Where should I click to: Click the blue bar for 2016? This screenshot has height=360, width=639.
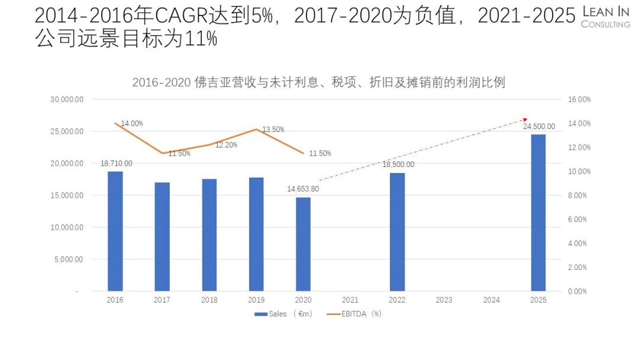click(115, 231)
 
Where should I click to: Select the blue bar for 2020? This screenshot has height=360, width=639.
click(303, 244)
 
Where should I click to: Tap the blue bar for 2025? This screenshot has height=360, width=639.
click(538, 213)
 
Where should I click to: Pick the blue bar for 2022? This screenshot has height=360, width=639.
click(398, 232)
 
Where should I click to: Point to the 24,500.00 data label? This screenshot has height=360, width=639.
click(538, 126)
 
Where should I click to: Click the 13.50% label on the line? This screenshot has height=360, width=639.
click(273, 130)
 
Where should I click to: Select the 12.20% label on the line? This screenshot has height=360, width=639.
click(226, 145)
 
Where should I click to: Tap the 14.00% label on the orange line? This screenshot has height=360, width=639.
click(132, 124)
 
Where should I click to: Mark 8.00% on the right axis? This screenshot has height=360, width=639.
click(577, 195)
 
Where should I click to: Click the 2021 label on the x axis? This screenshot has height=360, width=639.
click(350, 300)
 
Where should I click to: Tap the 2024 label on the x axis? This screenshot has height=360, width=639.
click(491, 300)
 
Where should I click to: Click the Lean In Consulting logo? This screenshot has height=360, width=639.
click(606, 17)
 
